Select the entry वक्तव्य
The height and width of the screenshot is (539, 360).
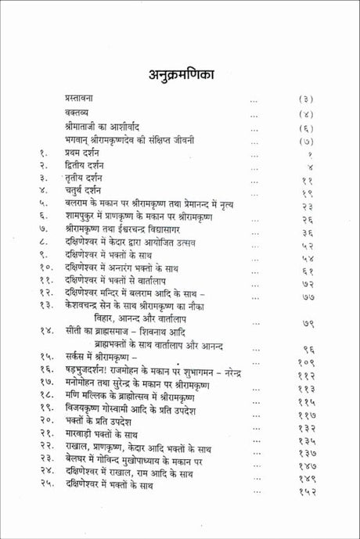click(79, 115)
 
